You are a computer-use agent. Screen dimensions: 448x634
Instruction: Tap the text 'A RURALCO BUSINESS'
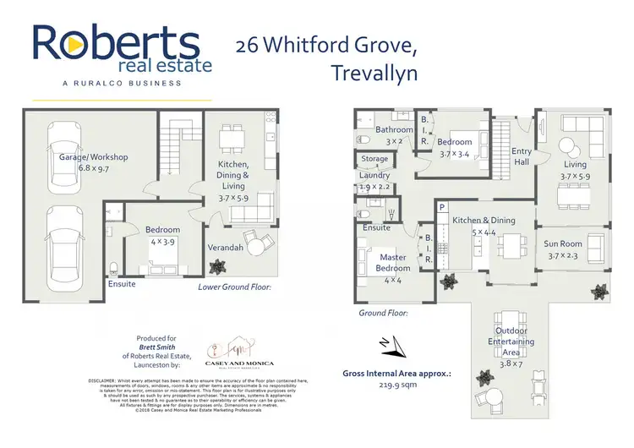[122, 83]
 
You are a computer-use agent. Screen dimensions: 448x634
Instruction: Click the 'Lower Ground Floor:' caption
[234, 287]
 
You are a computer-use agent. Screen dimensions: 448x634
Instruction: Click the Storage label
[374, 158]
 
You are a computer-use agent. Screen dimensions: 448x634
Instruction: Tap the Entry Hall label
[522, 156]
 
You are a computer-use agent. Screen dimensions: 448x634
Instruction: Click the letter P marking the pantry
[441, 207]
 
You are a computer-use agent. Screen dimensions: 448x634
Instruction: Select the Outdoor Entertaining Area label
[507, 340]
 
